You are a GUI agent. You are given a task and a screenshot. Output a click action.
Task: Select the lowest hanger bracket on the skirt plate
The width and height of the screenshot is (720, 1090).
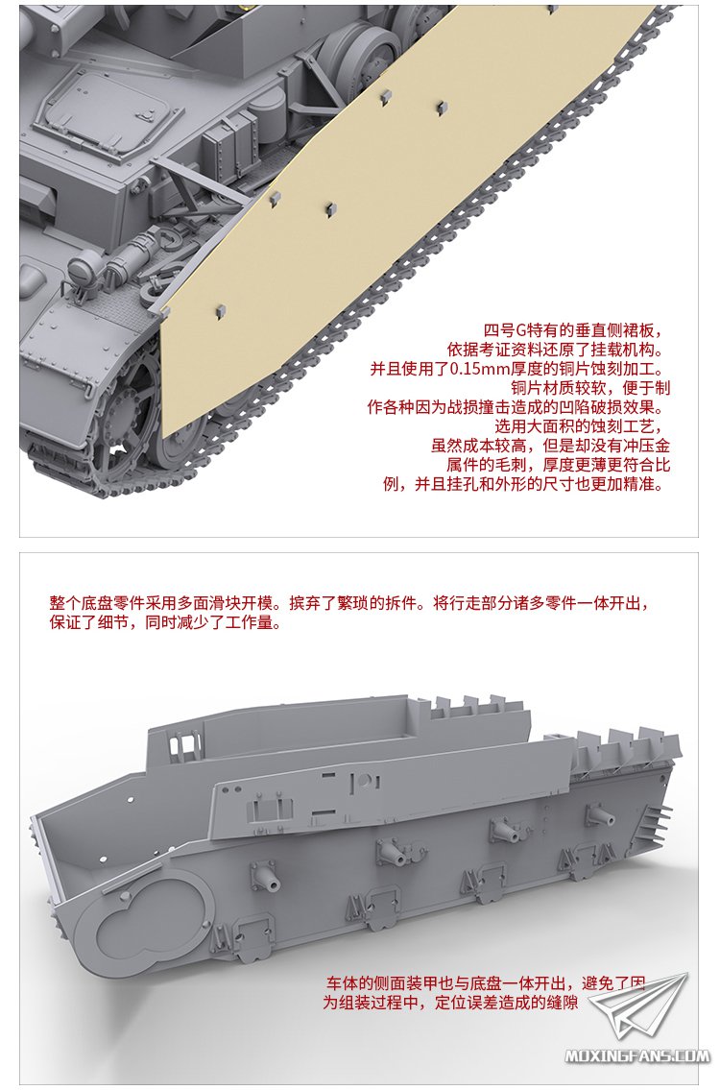click(221, 309)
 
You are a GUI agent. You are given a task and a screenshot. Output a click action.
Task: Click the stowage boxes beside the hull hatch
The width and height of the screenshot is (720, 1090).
click(229, 146)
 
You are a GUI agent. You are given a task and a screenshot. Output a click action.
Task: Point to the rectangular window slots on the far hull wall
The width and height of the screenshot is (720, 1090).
click(183, 747)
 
